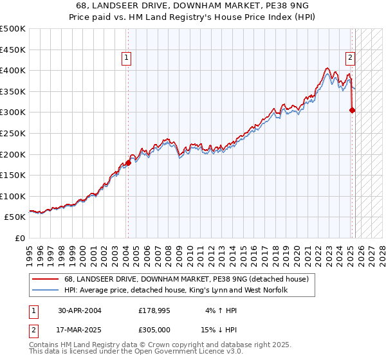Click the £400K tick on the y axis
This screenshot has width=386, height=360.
13,71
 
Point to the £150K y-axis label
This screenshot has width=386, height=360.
13,175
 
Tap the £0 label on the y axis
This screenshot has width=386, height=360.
19,238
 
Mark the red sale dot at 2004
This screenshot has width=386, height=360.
128,163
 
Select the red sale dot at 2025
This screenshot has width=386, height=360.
353,110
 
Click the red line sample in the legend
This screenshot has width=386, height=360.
46,279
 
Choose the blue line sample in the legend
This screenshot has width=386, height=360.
46,291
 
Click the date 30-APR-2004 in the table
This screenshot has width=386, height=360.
79,310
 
